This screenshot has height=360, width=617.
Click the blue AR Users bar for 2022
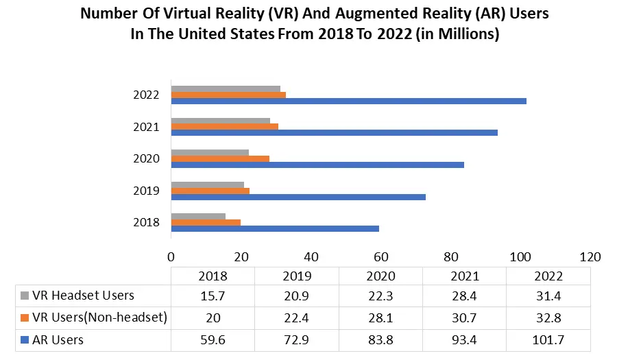point(348,101)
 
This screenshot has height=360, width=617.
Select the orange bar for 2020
point(220,158)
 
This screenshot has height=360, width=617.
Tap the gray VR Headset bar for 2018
point(198,217)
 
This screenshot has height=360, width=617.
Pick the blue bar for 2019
point(298,197)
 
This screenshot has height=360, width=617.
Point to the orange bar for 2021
point(224,126)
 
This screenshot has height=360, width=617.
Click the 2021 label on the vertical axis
point(147,127)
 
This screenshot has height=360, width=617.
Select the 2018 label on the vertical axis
point(147,222)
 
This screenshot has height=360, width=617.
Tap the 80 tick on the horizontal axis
point(450,257)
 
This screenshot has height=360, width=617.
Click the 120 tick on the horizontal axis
point(590,257)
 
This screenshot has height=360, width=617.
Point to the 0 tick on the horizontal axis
point(171,257)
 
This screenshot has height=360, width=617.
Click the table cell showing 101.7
point(547,339)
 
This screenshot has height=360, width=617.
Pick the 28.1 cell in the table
point(380,317)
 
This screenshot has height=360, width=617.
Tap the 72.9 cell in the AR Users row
point(296,339)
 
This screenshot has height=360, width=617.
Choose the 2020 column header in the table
point(380,276)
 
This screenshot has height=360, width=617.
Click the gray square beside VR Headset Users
point(25,296)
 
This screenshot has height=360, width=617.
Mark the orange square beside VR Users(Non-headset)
point(25,317)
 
